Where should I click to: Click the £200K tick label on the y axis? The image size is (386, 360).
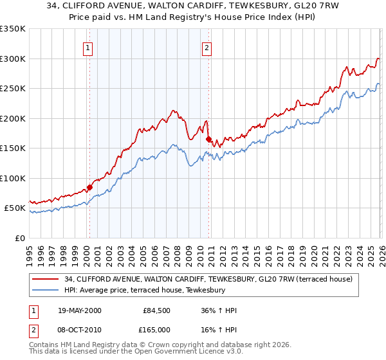pyautogui.click(x=12, y=118)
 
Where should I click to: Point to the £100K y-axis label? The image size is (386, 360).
pyautogui.click(x=12, y=178)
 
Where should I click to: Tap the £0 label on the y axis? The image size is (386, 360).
pyautogui.click(x=19, y=238)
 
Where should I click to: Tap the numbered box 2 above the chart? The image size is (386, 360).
pyautogui.click(x=207, y=47)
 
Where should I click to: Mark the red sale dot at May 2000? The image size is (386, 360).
pyautogui.click(x=89, y=188)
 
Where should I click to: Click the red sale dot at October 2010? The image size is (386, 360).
pyautogui.click(x=208, y=139)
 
